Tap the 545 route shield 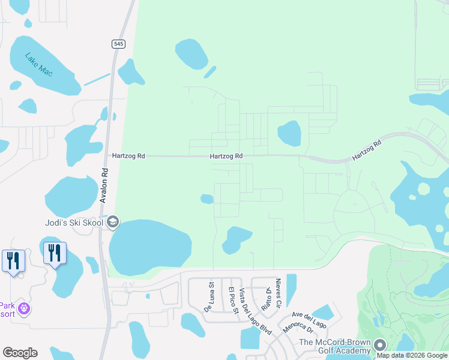coord(118,44)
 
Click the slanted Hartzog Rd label coord(367,149)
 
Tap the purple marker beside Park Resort coord(24,308)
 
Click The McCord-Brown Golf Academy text coord(335,346)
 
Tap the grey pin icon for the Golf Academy coord(379,346)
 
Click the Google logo coord(20,353)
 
